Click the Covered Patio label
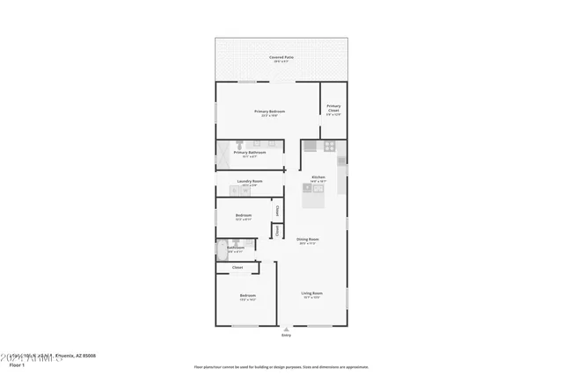[281, 58]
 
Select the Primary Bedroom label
[269, 112]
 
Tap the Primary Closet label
[333, 110]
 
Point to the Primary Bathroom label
[250, 154]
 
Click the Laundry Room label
[250, 183]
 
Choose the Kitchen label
[318, 178]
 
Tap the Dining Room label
[307, 241]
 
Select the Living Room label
[312, 294]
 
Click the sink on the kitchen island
[308, 187]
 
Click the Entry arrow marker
[286, 328]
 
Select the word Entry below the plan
[286, 335]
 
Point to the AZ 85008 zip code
[84, 356]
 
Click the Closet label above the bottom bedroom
[238, 268]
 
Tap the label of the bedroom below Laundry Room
[244, 217]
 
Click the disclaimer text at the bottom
[281, 367]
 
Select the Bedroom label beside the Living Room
[247, 297]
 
